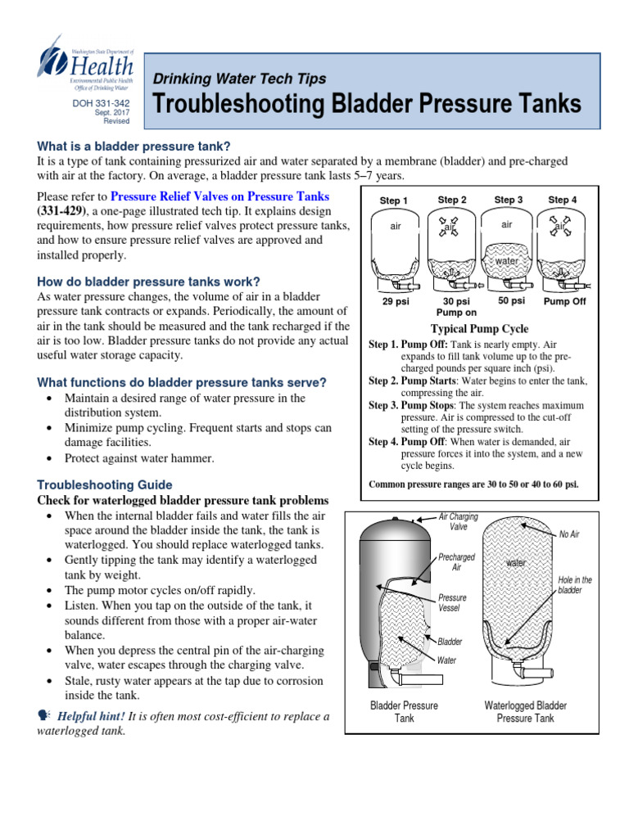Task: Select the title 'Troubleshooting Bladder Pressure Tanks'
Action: tap(367, 105)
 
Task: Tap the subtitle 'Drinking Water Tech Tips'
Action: tap(240, 79)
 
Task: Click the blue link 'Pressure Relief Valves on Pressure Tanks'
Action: tap(219, 196)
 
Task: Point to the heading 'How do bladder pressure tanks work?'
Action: tap(149, 282)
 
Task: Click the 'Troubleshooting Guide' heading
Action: tap(105, 484)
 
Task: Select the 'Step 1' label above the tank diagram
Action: tap(394, 200)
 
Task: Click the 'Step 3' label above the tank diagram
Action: tap(509, 200)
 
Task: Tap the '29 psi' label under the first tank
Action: tap(396, 301)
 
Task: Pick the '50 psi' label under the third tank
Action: tap(511, 300)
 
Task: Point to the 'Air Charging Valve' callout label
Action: tap(459, 522)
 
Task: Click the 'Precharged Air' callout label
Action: tap(456, 562)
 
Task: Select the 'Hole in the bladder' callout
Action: tap(574, 585)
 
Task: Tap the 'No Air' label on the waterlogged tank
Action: tap(568, 534)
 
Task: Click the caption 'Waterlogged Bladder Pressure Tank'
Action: tap(525, 711)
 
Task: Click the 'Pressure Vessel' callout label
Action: tap(452, 603)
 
